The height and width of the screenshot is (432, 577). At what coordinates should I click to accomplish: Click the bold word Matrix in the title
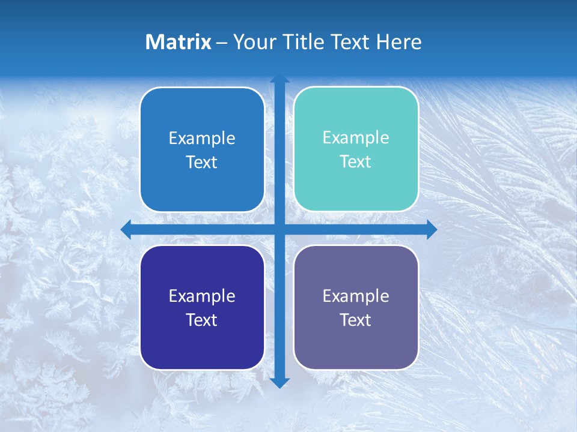(179, 42)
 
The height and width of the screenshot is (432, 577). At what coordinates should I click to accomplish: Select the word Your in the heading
(252, 42)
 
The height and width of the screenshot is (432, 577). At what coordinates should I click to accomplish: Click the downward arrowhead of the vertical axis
(279, 382)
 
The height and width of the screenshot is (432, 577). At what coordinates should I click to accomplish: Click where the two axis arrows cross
(279, 229)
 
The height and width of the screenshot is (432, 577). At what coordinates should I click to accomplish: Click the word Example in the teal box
(355, 137)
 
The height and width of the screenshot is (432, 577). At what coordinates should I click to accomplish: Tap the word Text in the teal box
(355, 161)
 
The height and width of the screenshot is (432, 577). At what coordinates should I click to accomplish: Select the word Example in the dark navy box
(201, 296)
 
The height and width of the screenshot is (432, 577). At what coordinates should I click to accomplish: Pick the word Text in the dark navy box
(201, 320)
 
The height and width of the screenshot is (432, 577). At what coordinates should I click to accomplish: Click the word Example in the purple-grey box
(355, 296)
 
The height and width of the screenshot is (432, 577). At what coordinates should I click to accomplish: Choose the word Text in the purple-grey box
(355, 320)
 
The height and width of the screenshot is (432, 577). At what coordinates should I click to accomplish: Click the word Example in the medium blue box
(201, 138)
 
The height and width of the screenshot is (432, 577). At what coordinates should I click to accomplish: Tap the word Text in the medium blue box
(201, 162)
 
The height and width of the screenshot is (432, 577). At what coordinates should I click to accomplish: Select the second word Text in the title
(350, 42)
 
